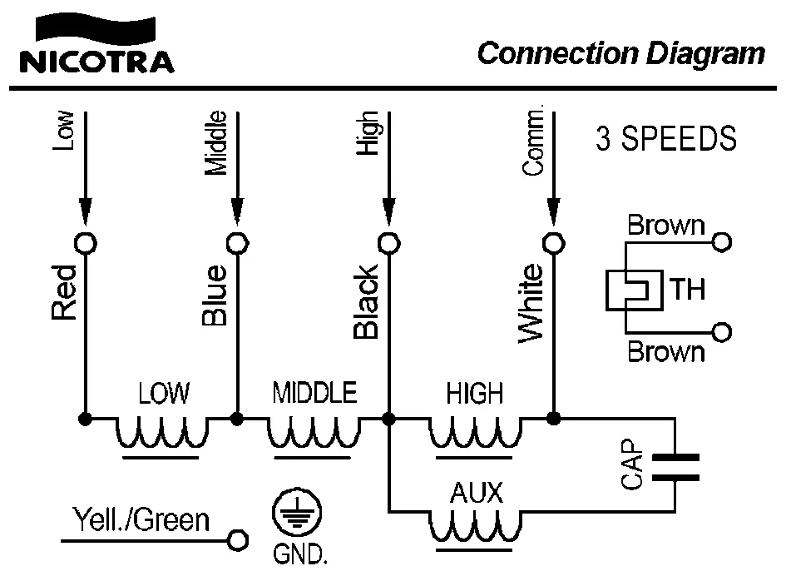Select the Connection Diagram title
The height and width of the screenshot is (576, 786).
pyautogui.click(x=620, y=53)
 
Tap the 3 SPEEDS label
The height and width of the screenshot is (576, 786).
pyautogui.click(x=666, y=138)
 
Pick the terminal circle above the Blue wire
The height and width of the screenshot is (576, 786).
pyautogui.click(x=238, y=242)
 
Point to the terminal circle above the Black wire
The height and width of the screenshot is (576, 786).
pyautogui.click(x=388, y=242)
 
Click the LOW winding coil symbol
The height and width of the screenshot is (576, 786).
pyautogui.click(x=161, y=432)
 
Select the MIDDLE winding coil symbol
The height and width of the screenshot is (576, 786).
pyautogui.click(x=314, y=432)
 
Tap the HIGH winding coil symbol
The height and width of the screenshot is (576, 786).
pyautogui.click(x=476, y=432)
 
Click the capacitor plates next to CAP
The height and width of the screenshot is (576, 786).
pyautogui.click(x=675, y=467)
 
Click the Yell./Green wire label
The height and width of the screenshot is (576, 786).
pyautogui.click(x=141, y=520)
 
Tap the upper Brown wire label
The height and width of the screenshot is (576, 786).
pyautogui.click(x=665, y=226)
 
